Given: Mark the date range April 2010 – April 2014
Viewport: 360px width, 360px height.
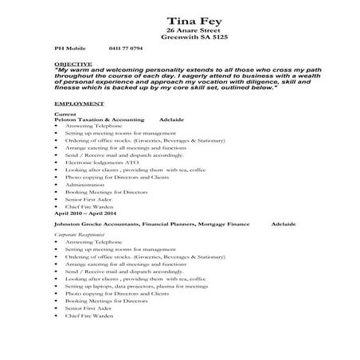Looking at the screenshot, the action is (85, 213).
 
